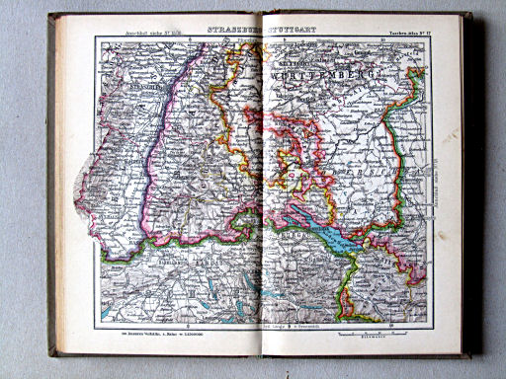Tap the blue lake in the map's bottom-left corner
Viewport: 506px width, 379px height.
106,314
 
